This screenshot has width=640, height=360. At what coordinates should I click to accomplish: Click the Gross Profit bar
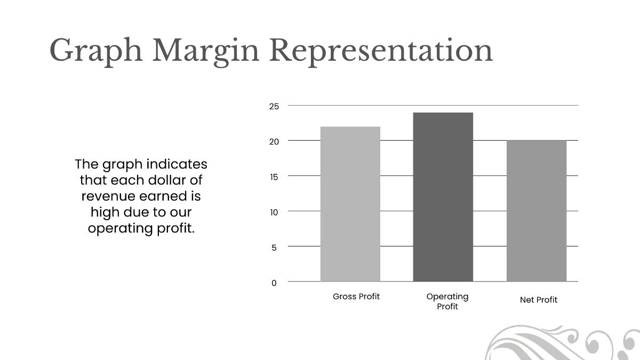[350, 204]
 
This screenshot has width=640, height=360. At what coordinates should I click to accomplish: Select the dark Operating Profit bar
[443, 197]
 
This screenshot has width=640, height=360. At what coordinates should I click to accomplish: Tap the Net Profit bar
[536, 211]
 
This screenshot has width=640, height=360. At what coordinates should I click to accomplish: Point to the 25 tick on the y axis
[274, 106]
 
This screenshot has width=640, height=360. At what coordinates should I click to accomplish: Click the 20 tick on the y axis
[274, 141]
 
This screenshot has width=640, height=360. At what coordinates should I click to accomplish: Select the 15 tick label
[274, 177]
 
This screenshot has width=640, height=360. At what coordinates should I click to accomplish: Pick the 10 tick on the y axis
[274, 212]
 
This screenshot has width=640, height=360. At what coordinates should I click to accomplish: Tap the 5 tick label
[274, 247]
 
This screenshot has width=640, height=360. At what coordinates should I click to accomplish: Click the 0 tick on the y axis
[274, 283]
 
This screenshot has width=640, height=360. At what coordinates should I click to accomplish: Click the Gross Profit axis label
[356, 297]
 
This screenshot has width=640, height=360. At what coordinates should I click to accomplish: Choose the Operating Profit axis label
[447, 301]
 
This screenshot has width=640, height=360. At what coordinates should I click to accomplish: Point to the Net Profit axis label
[539, 300]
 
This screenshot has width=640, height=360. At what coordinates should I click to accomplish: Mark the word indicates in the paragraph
[177, 164]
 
